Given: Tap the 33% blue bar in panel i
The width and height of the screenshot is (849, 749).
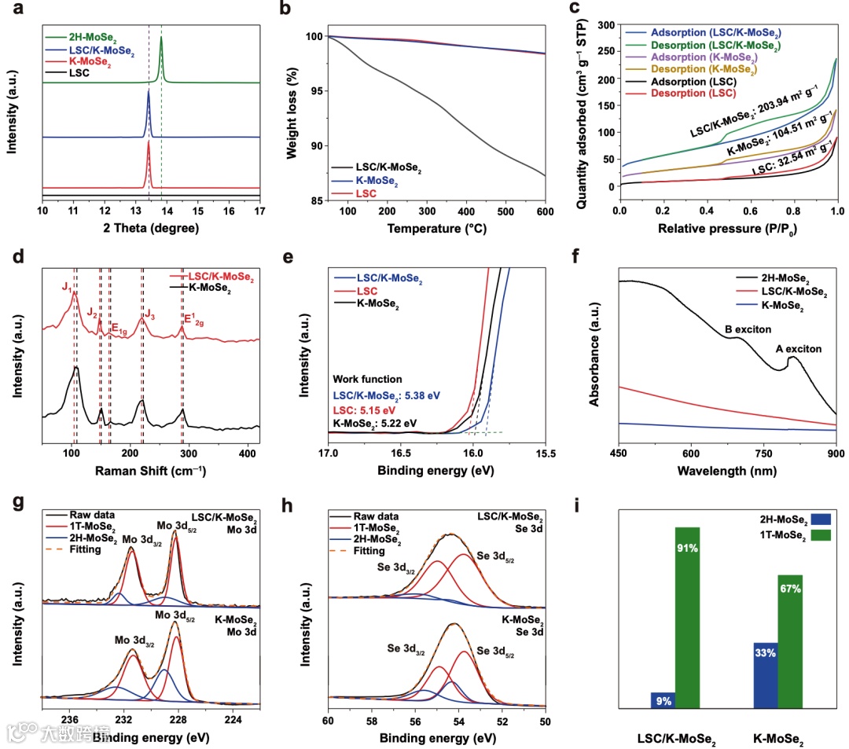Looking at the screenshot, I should [x=766, y=675].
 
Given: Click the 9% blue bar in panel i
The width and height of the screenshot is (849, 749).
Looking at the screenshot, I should [x=663, y=699].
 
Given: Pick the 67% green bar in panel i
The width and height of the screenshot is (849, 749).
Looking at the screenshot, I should [x=790, y=641].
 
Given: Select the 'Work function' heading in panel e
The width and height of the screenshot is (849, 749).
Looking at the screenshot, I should [x=367, y=379].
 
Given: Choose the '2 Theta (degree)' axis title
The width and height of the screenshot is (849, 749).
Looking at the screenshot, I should [x=152, y=229].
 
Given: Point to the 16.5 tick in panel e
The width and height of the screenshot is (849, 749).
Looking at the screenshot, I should [x=401, y=453].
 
